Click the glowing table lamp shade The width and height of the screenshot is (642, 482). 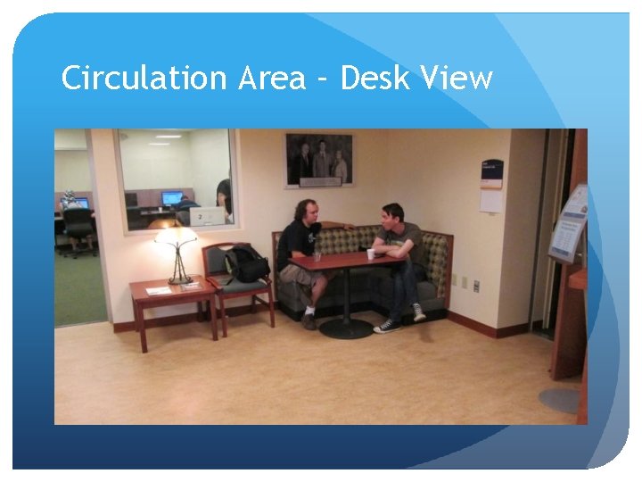pos(176,236)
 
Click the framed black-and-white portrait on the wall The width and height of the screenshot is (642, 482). pos(318,161)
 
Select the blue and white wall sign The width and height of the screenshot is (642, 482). pos(491,174)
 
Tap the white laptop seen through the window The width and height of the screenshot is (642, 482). pos(207,217)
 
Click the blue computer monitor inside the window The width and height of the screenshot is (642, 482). pos(171,198)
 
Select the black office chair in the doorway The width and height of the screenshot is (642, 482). pos(78,228)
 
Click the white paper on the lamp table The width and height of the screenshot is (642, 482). pos(158,290)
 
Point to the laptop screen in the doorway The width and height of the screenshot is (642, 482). pos(81,203)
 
